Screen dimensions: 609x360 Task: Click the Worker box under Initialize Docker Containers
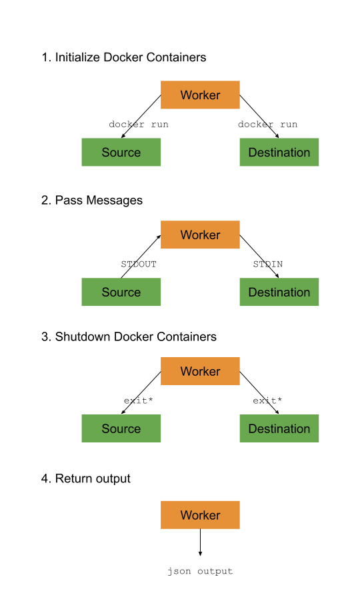200,95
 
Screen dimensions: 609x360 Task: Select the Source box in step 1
121,153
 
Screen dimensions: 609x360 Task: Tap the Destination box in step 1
279,153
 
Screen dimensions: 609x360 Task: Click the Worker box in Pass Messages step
200,235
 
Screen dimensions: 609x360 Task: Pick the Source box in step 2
121,293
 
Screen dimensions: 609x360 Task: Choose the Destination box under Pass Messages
279,293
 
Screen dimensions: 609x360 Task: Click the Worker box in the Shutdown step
200,372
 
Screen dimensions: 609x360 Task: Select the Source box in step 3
121,429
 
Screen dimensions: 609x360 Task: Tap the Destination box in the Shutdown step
279,429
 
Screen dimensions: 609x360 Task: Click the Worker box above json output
200,515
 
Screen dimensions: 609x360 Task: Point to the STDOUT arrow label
139,265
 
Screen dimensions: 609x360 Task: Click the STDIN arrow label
267,265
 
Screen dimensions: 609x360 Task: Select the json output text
200,572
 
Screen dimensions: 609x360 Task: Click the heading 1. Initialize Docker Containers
124,57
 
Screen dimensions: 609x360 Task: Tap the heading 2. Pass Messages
92,200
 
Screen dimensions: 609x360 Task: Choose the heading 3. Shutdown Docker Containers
129,336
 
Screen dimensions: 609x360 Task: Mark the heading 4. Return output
86,478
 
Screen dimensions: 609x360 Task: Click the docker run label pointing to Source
139,125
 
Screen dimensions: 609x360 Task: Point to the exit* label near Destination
267,401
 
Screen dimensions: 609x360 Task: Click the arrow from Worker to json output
200,542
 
